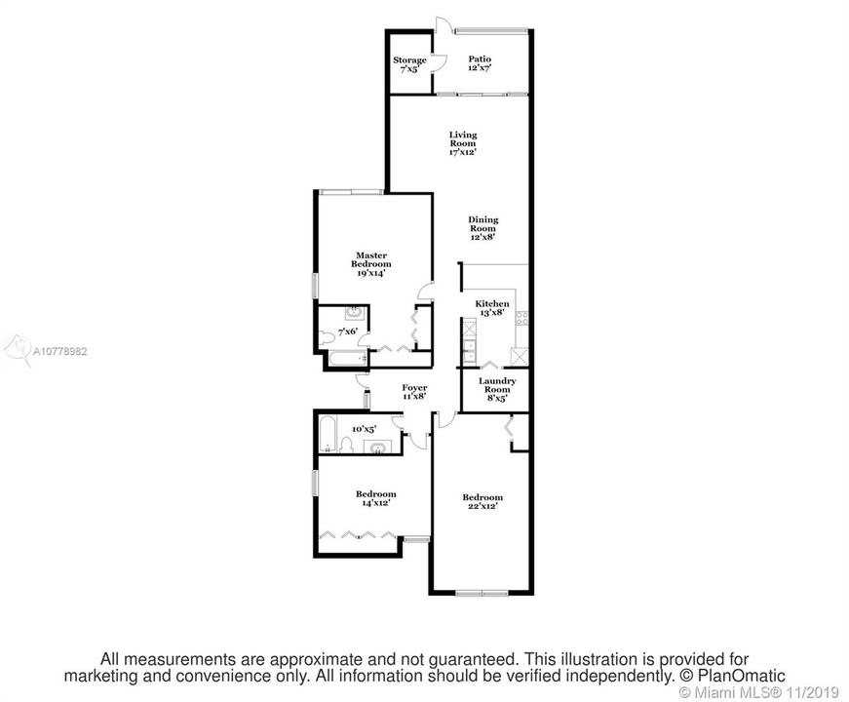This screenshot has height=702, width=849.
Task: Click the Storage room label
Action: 409,64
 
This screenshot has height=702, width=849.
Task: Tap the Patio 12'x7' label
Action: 480,63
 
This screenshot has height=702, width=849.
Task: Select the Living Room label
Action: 463,143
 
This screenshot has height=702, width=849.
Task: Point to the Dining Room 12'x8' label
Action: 482,228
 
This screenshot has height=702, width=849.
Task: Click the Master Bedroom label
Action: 371,264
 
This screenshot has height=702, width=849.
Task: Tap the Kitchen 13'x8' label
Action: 492,308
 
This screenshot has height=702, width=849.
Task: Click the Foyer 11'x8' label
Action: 414,392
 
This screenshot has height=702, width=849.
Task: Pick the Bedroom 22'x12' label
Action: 482,501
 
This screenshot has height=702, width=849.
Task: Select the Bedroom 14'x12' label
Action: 376,498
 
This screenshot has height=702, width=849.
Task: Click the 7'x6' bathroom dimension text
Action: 348,331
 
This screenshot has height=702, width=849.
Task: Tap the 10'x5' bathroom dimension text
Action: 364,429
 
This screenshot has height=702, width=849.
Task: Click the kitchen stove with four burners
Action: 521,319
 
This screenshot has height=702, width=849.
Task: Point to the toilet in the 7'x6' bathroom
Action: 327,338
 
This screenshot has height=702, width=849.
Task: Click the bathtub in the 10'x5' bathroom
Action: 328,433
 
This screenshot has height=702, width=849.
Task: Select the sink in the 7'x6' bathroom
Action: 354,313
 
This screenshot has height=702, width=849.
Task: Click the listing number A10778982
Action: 59,351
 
